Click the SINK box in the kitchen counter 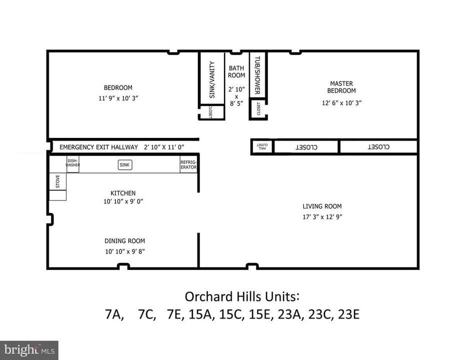click(x=125, y=165)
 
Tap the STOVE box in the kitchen click(x=57, y=181)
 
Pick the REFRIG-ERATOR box click(x=188, y=164)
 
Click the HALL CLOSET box click(x=262, y=146)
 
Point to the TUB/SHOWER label click(x=257, y=75)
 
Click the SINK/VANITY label click(x=212, y=79)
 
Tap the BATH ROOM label click(x=236, y=72)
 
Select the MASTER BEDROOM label click(x=341, y=87)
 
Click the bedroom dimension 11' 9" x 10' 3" click(x=118, y=98)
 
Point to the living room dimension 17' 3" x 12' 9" click(x=322, y=217)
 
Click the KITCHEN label click(x=123, y=193)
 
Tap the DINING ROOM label click(x=125, y=240)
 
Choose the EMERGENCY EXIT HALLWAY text click(x=98, y=147)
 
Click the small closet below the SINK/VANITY click(x=211, y=112)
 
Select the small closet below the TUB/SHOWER click(x=258, y=108)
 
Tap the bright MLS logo click(x=29, y=349)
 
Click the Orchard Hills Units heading click(x=242, y=296)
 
